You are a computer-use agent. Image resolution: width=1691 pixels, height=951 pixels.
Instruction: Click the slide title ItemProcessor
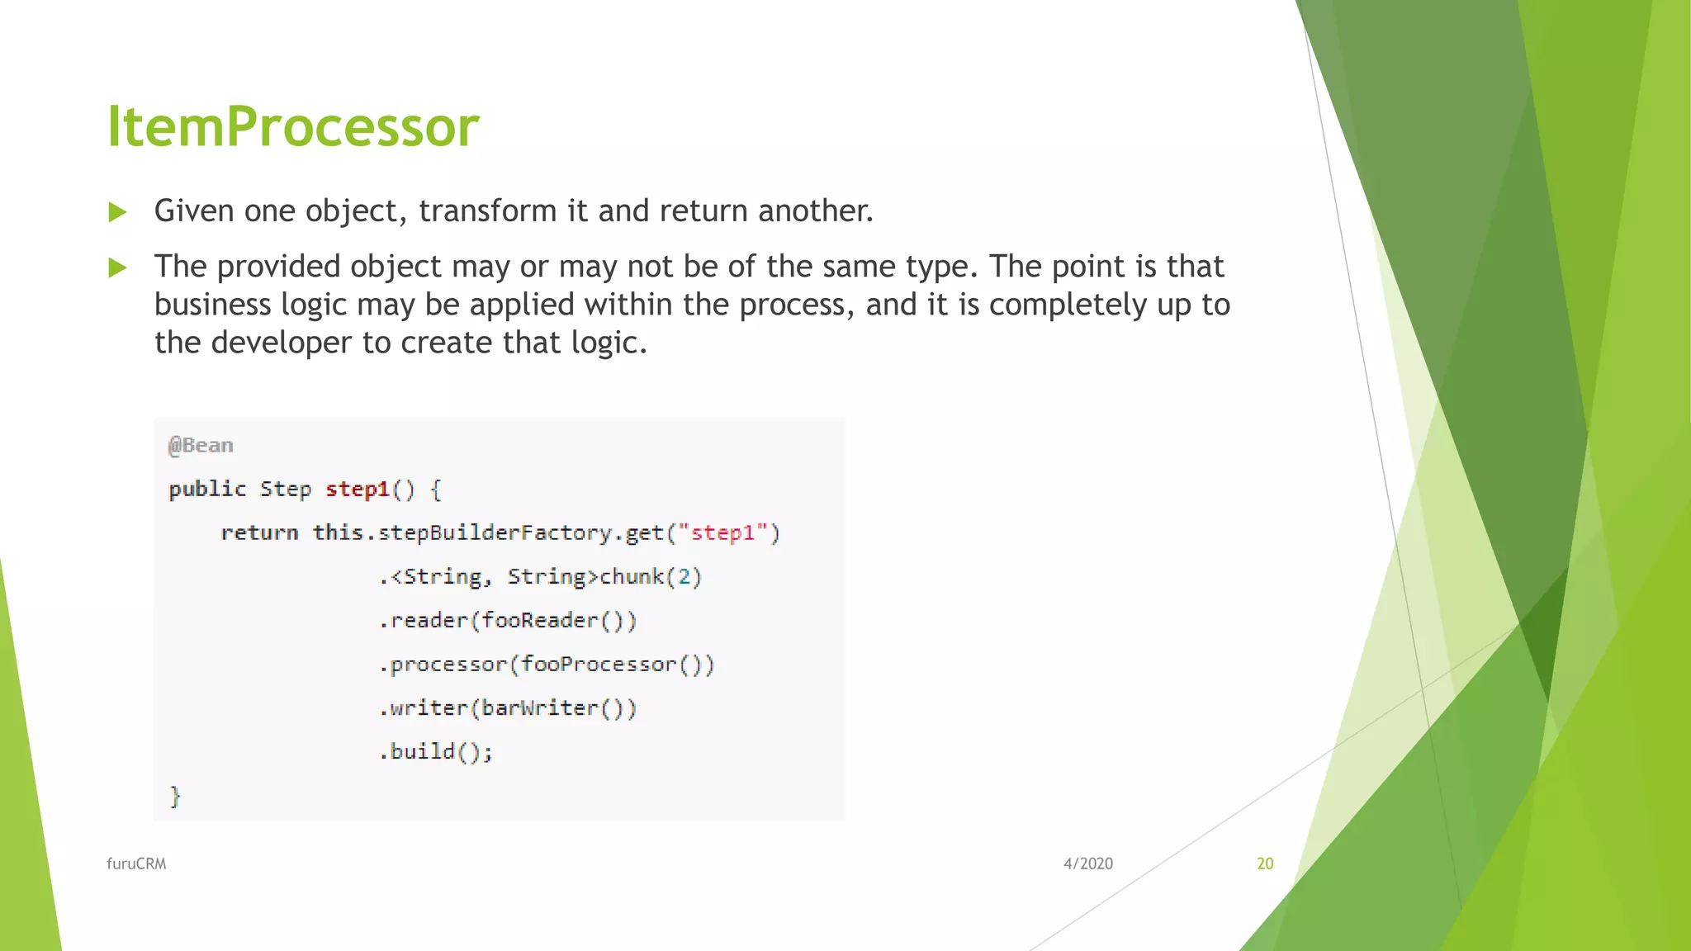tap(293, 127)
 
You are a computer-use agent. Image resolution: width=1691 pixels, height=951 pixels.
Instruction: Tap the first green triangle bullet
tap(117, 213)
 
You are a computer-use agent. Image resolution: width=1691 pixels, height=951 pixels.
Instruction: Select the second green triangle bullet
tap(117, 267)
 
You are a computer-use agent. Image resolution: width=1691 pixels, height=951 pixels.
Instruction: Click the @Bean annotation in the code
tap(201, 446)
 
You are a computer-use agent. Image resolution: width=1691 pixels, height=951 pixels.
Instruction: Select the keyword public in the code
tap(207, 490)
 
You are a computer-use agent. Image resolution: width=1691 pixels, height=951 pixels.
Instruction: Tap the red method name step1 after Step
tap(358, 490)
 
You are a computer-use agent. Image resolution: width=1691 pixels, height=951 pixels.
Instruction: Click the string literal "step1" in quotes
tap(723, 533)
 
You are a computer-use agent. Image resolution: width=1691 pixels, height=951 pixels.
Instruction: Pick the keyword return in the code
tap(259, 533)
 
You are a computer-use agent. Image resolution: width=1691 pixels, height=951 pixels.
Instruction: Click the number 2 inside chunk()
tap(684, 577)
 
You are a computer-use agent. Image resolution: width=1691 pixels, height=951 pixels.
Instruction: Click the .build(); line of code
tap(436, 752)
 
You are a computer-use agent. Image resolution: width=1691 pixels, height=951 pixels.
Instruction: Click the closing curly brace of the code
tap(175, 797)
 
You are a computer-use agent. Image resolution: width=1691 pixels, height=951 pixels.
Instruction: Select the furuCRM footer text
tap(136, 863)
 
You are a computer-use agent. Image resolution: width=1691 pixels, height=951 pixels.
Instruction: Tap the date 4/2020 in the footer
tap(1087, 863)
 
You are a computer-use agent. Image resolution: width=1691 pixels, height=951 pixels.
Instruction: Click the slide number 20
tap(1265, 863)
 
